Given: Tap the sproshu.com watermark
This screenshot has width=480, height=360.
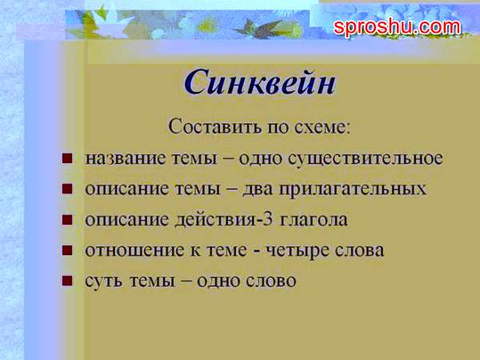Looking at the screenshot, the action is (x=397, y=27).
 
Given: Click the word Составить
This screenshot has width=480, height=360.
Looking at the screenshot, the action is (x=215, y=126).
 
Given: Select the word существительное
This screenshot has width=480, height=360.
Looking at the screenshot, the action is (x=366, y=158).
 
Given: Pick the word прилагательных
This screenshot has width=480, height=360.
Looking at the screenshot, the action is (x=352, y=189).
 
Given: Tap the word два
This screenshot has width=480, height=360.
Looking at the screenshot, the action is (x=258, y=189).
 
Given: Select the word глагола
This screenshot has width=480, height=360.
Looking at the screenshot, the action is (x=314, y=220).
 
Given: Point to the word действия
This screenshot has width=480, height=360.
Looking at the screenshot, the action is (x=215, y=220).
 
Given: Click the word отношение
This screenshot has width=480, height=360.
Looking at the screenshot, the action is (x=134, y=250).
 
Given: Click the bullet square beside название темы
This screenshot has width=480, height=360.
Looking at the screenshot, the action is (x=67, y=158).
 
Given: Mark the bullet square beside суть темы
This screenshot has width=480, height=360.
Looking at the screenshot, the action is (x=67, y=281).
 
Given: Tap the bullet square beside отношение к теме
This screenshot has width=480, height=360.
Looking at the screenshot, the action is (x=67, y=250).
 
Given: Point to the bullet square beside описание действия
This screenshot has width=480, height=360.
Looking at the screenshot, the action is (x=67, y=219).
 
